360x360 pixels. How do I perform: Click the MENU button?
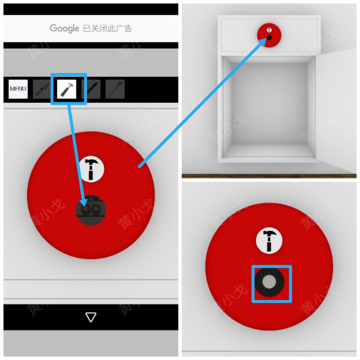pyautogui.click(x=18, y=89)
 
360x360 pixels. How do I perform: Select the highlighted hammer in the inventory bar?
pyautogui.click(x=67, y=89)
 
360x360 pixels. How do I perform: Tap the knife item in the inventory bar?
pyautogui.click(x=42, y=89)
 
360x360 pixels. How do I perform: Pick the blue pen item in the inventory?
pyautogui.click(x=91, y=89)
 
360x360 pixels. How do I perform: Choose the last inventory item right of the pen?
pyautogui.click(x=115, y=89)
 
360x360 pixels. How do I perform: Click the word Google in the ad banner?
pyautogui.click(x=65, y=28)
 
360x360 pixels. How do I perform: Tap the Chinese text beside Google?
pyautogui.click(x=107, y=28)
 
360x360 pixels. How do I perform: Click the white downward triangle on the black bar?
pyautogui.click(x=91, y=317)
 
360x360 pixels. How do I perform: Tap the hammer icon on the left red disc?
pyautogui.click(x=91, y=169)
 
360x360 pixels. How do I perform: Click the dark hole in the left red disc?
pyautogui.click(x=91, y=210)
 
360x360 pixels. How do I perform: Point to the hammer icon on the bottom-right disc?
pyautogui.click(x=269, y=240)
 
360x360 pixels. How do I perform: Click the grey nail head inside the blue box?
pyautogui.click(x=269, y=281)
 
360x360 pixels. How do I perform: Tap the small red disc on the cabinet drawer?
pyautogui.click(x=269, y=35)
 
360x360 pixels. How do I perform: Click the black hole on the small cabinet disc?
pyautogui.click(x=269, y=38)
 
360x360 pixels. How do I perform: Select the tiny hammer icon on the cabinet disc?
pyautogui.click(x=269, y=30)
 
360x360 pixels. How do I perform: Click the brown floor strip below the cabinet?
pyautogui.click(x=269, y=176)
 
